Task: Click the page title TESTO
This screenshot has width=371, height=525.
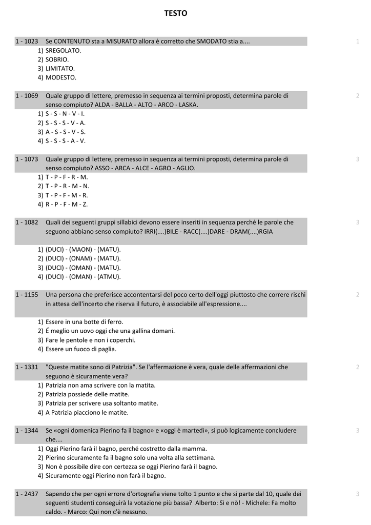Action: click(176, 14)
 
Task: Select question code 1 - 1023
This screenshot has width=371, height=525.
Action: click(27, 41)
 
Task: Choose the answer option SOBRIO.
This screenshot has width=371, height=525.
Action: click(57, 59)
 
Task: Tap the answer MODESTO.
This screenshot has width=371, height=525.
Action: click(60, 77)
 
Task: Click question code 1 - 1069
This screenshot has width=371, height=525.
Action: click(27, 95)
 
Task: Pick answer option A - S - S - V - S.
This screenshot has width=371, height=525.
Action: click(65, 132)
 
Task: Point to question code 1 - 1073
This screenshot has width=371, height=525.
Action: click(27, 159)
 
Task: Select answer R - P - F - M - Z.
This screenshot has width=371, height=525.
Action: click(67, 205)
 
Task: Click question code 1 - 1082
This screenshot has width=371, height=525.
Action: click(27, 222)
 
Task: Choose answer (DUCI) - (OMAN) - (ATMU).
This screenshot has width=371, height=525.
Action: click(83, 277)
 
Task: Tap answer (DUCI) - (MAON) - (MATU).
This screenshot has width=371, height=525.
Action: click(83, 250)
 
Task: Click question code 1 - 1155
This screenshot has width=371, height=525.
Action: click(27, 295)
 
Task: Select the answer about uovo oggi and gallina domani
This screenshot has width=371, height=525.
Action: click(110, 331)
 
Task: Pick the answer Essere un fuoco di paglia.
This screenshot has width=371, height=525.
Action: click(80, 349)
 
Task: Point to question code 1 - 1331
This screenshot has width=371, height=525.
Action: click(27, 367)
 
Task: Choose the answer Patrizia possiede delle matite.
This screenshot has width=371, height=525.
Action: click(87, 394)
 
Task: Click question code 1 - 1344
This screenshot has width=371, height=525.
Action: click(27, 430)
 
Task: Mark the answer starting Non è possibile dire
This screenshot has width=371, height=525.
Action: click(131, 467)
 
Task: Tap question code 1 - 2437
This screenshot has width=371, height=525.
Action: click(27, 494)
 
